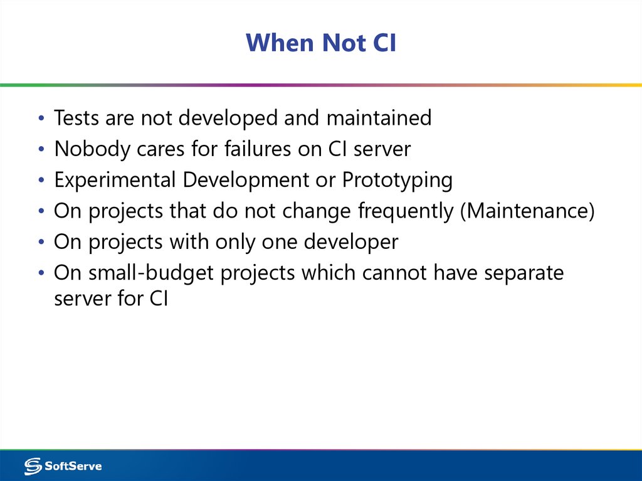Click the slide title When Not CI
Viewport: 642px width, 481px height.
pos(320,43)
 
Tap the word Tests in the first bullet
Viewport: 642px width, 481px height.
pos(75,118)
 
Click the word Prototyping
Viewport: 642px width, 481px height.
pos(397,180)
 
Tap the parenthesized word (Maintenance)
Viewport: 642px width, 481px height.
pos(527,211)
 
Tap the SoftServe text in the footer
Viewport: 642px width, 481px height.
pos(73,466)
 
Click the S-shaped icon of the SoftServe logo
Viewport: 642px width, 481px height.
pos(33,466)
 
